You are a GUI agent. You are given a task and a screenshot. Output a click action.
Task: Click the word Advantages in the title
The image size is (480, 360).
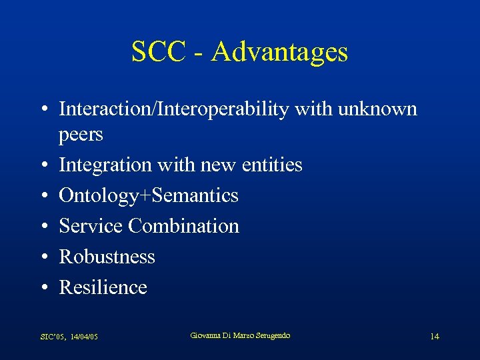[x=279, y=52]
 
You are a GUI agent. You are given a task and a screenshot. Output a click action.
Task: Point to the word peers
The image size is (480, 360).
[x=81, y=135]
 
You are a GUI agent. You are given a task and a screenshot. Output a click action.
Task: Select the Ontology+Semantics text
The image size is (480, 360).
[x=148, y=195]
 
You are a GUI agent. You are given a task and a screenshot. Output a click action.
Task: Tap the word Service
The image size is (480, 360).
[x=91, y=226]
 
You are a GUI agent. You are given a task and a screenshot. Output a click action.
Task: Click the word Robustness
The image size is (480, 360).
[x=107, y=257]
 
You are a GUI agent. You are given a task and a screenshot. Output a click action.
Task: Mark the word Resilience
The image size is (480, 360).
[x=103, y=287]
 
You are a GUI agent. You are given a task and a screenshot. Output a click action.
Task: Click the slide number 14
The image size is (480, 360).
[x=434, y=337]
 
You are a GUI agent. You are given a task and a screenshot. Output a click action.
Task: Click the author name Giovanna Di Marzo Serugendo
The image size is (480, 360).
[x=240, y=335]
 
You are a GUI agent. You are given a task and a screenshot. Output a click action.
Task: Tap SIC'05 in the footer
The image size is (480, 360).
[x=51, y=337]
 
